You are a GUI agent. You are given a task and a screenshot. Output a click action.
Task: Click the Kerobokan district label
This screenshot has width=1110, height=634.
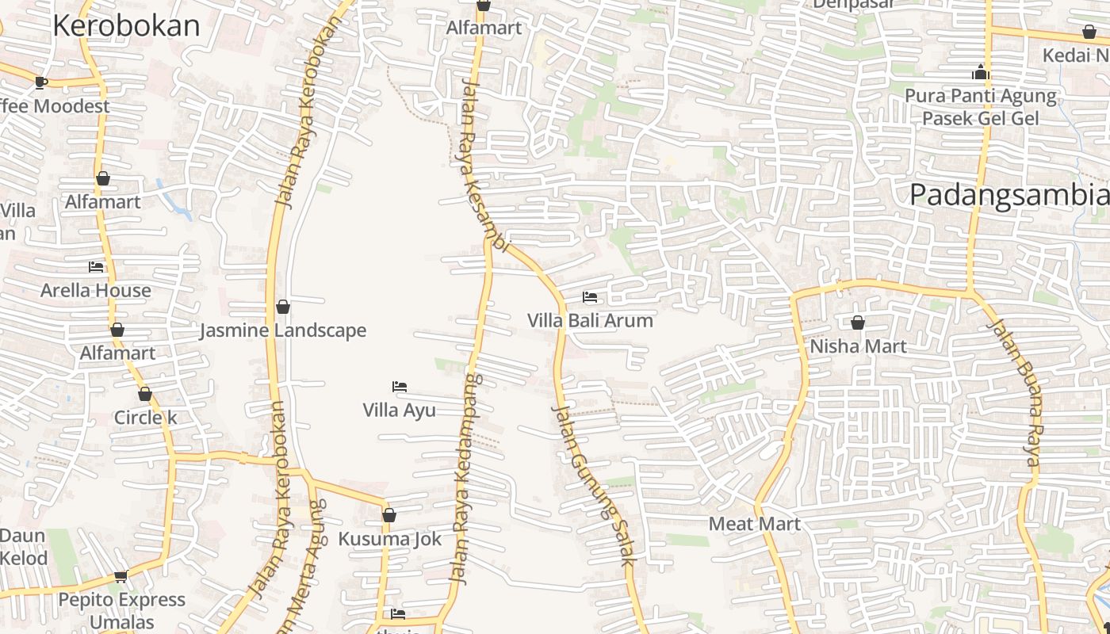click(x=126, y=26)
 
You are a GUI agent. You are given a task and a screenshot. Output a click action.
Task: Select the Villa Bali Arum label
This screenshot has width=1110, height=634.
click(x=591, y=321)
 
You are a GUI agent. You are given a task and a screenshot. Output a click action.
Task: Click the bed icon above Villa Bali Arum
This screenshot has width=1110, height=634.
click(x=590, y=298)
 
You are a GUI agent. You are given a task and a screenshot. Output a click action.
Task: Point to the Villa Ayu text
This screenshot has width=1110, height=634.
click(x=399, y=410)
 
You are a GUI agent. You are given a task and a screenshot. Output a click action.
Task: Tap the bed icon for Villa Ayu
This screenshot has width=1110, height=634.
click(x=400, y=387)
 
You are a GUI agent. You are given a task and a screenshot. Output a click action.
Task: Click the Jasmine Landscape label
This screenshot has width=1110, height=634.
click(x=283, y=330)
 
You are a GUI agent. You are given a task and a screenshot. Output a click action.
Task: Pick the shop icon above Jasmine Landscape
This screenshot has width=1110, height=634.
click(x=283, y=307)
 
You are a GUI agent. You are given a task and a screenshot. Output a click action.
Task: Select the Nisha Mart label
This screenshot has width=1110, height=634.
click(x=858, y=346)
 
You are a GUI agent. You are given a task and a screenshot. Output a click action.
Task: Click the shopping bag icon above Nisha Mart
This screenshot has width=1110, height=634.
click(x=858, y=323)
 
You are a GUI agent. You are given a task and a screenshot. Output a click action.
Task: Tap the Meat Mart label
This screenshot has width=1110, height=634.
click(x=755, y=524)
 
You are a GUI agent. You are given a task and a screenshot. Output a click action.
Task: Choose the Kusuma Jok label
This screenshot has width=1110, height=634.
click(x=389, y=539)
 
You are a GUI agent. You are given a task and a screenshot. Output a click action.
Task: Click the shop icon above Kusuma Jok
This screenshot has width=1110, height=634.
click(x=389, y=516)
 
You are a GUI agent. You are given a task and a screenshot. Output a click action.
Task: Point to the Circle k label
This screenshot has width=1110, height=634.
click(x=145, y=418)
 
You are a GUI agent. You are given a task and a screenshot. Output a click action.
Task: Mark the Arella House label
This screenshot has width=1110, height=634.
click(x=96, y=290)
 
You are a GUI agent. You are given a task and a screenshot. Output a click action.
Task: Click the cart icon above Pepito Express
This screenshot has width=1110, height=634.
click(x=121, y=576)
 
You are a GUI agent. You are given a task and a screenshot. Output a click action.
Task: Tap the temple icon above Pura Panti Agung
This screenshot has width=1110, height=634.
click(x=981, y=73)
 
